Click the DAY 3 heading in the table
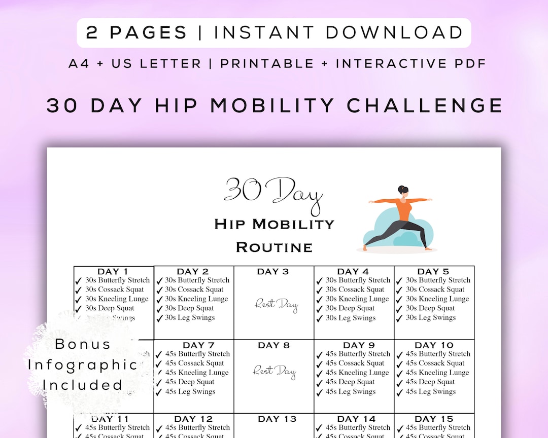[x=273, y=272]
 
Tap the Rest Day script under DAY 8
[x=275, y=371]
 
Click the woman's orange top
[x=404, y=208]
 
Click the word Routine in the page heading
[x=274, y=247]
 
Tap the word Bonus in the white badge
[x=82, y=344]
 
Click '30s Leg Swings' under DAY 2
[x=190, y=318]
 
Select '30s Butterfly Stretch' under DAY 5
[x=438, y=280]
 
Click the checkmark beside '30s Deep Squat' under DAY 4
[x=319, y=309]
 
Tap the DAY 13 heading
[x=277, y=419]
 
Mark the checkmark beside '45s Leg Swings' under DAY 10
[x=399, y=392]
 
